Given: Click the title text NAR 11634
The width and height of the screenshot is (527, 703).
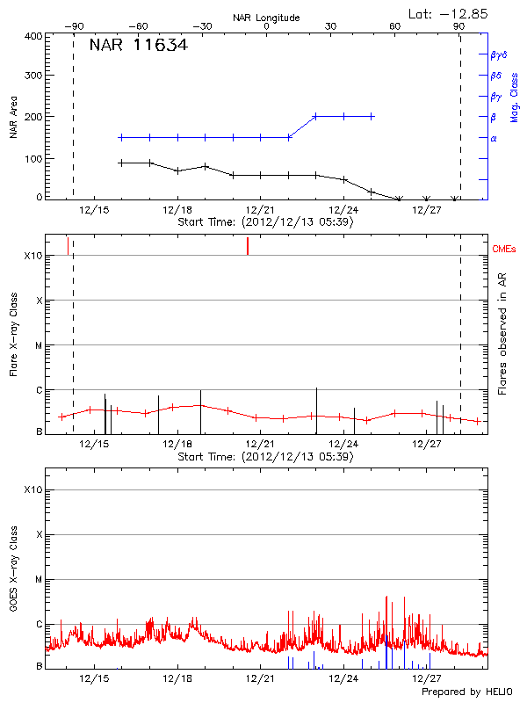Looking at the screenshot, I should pos(138,45).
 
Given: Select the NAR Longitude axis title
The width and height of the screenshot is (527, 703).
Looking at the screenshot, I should pos(266,18).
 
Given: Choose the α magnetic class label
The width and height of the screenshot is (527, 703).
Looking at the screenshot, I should pos(494,138).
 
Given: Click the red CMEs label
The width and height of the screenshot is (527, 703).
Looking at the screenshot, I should pos(504,250).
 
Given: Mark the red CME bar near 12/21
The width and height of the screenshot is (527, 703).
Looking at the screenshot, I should pos(248,246).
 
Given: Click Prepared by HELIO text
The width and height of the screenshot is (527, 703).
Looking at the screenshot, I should pos(466,692).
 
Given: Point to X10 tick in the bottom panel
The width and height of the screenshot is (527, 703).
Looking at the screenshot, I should pos(33,489).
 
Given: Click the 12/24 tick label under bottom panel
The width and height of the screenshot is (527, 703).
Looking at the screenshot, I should pos(343,678).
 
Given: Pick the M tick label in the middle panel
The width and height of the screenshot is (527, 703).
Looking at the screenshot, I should pos(39,345).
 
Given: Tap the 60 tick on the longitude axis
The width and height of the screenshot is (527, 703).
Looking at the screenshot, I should pos(395,26).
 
